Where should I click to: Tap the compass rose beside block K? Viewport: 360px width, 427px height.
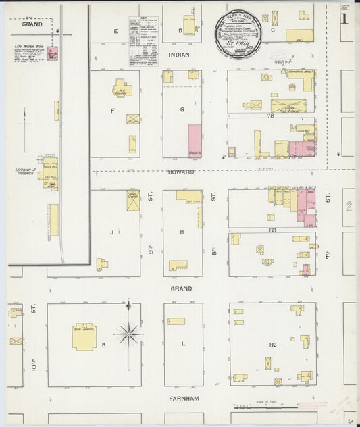point(128,333)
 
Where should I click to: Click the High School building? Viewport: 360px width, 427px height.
point(84,336)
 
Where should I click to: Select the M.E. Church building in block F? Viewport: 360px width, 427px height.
point(121,87)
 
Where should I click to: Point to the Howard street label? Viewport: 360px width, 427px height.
point(182,173)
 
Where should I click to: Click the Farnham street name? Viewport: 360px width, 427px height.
point(184,399)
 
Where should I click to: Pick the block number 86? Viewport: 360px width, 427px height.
point(273,345)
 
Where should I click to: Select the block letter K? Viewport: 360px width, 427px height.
point(103,345)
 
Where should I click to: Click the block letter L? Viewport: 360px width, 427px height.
point(184,345)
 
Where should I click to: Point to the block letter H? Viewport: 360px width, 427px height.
point(182,232)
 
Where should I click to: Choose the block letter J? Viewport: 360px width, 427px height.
point(109,232)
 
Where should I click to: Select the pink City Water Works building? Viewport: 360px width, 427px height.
point(52,53)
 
